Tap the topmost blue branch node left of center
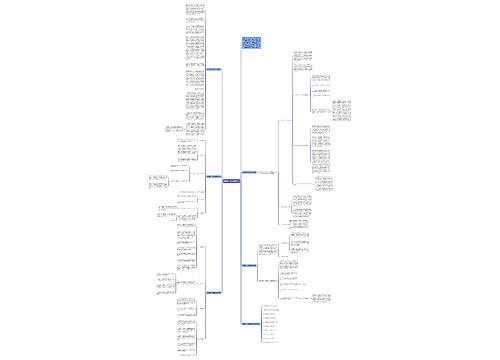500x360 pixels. pyautogui.click(x=213, y=70)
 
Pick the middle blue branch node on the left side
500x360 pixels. pyautogui.click(x=213, y=177)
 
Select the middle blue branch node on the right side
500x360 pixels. pyautogui.click(x=249, y=265)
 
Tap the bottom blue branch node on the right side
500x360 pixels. pyautogui.click(x=249, y=323)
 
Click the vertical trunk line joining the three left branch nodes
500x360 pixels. pyautogui.click(x=222, y=180)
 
